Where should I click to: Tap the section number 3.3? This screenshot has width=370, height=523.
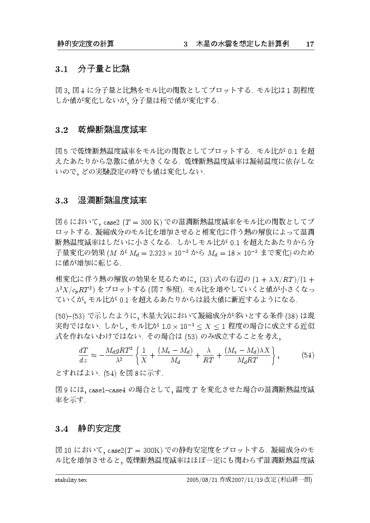61,200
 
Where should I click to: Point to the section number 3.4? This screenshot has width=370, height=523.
61,429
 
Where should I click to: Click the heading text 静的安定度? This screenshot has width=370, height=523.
99,429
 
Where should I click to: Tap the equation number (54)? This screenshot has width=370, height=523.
308,355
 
